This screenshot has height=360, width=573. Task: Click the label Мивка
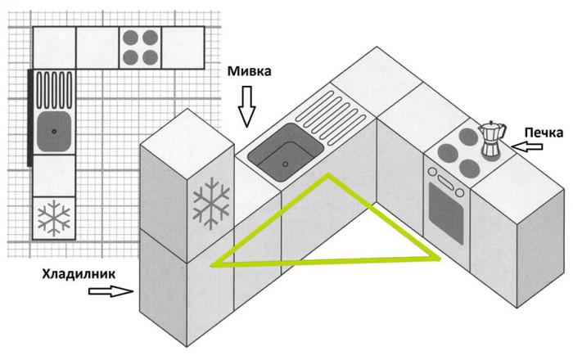point(250,72)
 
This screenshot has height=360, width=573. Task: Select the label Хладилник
point(75,274)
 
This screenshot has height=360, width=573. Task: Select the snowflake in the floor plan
point(54,218)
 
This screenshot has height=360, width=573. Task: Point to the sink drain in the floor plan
point(54,129)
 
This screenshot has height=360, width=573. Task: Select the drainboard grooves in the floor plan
point(54,88)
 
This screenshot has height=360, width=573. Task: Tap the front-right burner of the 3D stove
point(469,167)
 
